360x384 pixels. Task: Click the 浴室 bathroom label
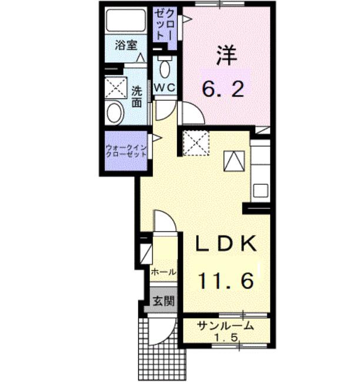point(126,45)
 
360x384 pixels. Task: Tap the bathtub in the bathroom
point(126,21)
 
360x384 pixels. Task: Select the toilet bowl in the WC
point(165,69)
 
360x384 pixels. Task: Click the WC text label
point(165,87)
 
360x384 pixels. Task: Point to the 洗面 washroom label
point(137,97)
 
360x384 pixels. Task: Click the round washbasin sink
point(115,112)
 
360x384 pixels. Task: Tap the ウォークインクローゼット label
point(126,151)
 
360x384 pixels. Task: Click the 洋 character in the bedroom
point(226,56)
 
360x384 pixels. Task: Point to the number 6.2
point(223,90)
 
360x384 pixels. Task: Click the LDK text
point(226,243)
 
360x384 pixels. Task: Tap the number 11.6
point(225,281)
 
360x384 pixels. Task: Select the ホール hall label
point(164,272)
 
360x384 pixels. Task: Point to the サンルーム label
point(225,326)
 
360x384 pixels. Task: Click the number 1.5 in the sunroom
point(226,338)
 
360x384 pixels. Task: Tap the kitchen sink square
point(261,191)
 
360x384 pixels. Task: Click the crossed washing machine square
point(196,143)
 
